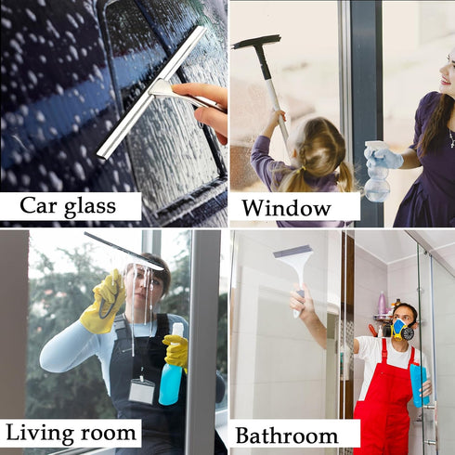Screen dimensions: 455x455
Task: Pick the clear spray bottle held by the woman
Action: click(x=376, y=172)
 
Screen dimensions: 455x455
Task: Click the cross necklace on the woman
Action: click(x=450, y=138)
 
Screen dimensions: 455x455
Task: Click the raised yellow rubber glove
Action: click(x=104, y=302)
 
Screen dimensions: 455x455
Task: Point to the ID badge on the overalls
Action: click(x=141, y=389)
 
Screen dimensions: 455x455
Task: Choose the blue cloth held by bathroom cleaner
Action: click(x=419, y=381)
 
